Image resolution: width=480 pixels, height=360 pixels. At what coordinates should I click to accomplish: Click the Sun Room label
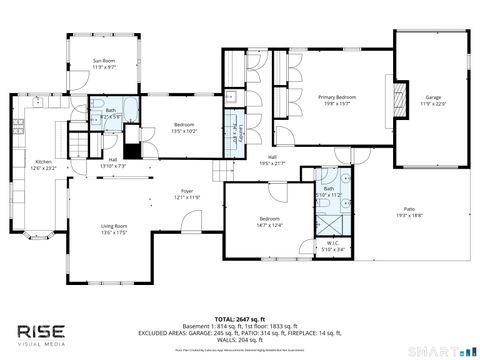104,60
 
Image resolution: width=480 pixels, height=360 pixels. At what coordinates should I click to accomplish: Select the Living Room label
113,226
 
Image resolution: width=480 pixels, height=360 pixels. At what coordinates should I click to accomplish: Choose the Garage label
432,97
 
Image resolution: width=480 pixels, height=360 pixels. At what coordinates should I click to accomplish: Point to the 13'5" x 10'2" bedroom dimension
161,131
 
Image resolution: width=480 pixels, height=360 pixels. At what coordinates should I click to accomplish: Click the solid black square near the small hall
129,149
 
